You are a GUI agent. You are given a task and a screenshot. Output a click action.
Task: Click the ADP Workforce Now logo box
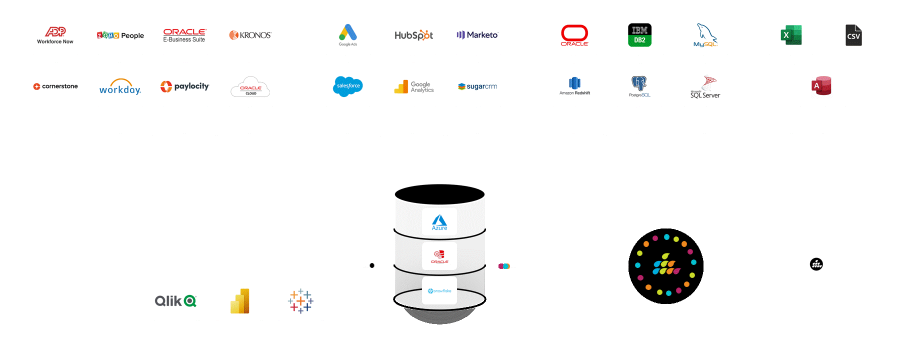pyautogui.click(x=55, y=35)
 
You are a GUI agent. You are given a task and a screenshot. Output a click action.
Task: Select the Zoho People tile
pyautogui.click(x=120, y=35)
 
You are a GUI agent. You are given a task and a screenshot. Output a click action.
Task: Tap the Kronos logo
pyautogui.click(x=250, y=35)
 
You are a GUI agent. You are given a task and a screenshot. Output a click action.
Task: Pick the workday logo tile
pyautogui.click(x=120, y=86)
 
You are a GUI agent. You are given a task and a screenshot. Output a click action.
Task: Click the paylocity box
pyautogui.click(x=185, y=86)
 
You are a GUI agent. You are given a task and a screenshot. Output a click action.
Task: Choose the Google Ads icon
pyautogui.click(x=348, y=35)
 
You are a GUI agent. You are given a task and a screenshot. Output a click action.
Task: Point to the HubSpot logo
pyautogui.click(x=413, y=35)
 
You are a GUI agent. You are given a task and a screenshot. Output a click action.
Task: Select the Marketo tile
pyautogui.click(x=478, y=35)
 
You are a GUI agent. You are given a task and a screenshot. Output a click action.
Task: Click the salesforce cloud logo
pyautogui.click(x=348, y=86)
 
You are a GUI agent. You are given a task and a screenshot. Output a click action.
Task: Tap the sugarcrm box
pyautogui.click(x=478, y=86)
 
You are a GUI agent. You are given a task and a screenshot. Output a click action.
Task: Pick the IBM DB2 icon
pyautogui.click(x=640, y=35)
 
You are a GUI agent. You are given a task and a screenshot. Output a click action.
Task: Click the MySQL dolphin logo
pyautogui.click(x=705, y=35)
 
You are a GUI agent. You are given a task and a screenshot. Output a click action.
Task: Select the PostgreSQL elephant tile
pyautogui.click(x=639, y=86)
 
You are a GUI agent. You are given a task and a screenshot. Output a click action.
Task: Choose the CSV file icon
pyautogui.click(x=853, y=35)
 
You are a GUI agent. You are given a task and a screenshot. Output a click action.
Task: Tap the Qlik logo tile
pyautogui.click(x=177, y=300)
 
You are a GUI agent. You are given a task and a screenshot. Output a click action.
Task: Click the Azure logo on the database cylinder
pyautogui.click(x=439, y=222)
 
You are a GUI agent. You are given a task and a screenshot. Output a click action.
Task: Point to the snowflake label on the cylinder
pyautogui.click(x=439, y=290)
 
